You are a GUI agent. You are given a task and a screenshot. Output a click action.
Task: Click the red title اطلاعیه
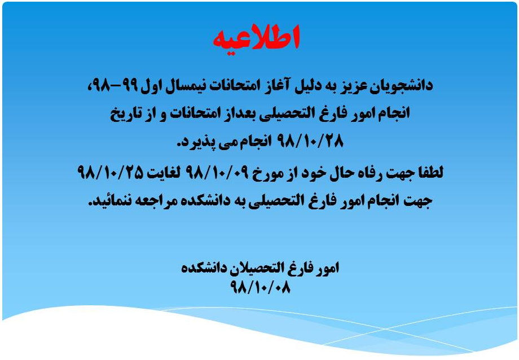coord(256,38)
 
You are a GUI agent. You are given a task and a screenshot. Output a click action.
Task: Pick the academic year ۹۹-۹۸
coord(112,85)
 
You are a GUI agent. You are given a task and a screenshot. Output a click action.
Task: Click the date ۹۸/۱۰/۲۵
coord(110,172)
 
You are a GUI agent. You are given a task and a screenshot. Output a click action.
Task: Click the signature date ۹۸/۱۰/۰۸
coord(260,287)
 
